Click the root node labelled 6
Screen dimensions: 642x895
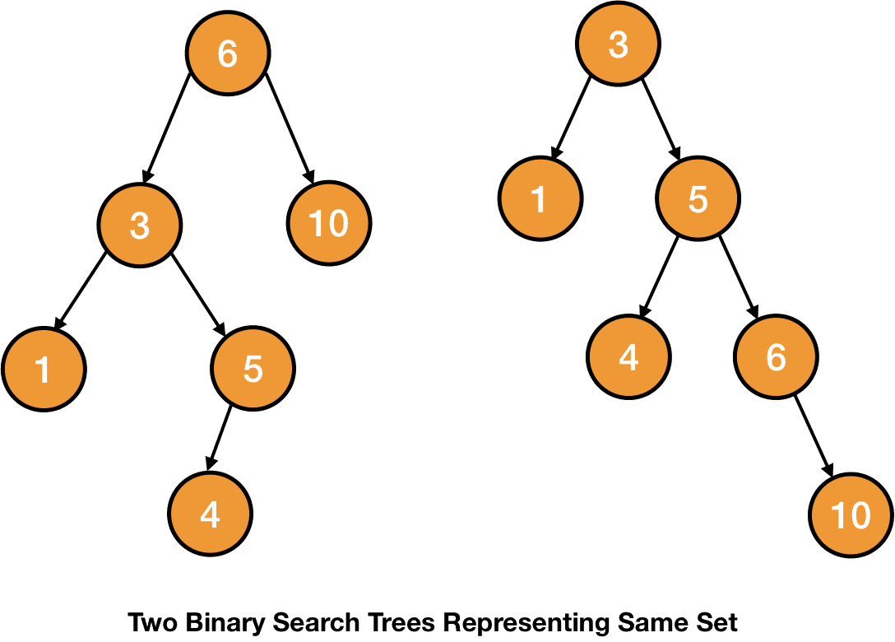pyautogui.click(x=228, y=53)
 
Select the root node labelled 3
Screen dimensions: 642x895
pyautogui.click(x=618, y=44)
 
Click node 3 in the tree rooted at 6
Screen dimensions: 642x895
pyautogui.click(x=140, y=225)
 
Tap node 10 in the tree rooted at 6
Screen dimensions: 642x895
pyautogui.click(x=329, y=223)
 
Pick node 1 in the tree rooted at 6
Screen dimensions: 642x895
pyautogui.click(x=44, y=369)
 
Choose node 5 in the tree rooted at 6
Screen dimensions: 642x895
pyautogui.click(x=253, y=368)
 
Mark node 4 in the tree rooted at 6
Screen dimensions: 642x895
pyautogui.click(x=210, y=514)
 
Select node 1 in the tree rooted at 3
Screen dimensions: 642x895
pyautogui.click(x=540, y=198)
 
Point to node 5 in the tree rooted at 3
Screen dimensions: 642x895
pyautogui.click(x=698, y=198)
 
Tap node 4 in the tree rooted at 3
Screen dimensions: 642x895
pyautogui.click(x=628, y=357)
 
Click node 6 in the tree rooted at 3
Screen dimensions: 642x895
pyautogui.click(x=776, y=357)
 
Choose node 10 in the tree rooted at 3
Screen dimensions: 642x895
pyautogui.click(x=851, y=515)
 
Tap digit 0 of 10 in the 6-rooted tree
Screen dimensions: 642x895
pyautogui.click(x=337, y=223)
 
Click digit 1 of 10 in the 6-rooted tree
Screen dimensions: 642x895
pyautogui.click(x=316, y=223)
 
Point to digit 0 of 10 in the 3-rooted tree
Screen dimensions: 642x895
pyautogui.click(x=859, y=516)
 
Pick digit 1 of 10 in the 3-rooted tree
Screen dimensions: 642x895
pyautogui.click(x=837, y=516)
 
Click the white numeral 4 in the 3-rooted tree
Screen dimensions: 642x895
pyautogui.click(x=628, y=357)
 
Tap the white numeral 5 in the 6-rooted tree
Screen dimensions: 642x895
pyautogui.click(x=253, y=369)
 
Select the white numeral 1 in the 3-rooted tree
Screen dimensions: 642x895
pyautogui.click(x=540, y=199)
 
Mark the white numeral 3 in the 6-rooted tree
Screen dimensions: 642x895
pyautogui.click(x=140, y=226)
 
